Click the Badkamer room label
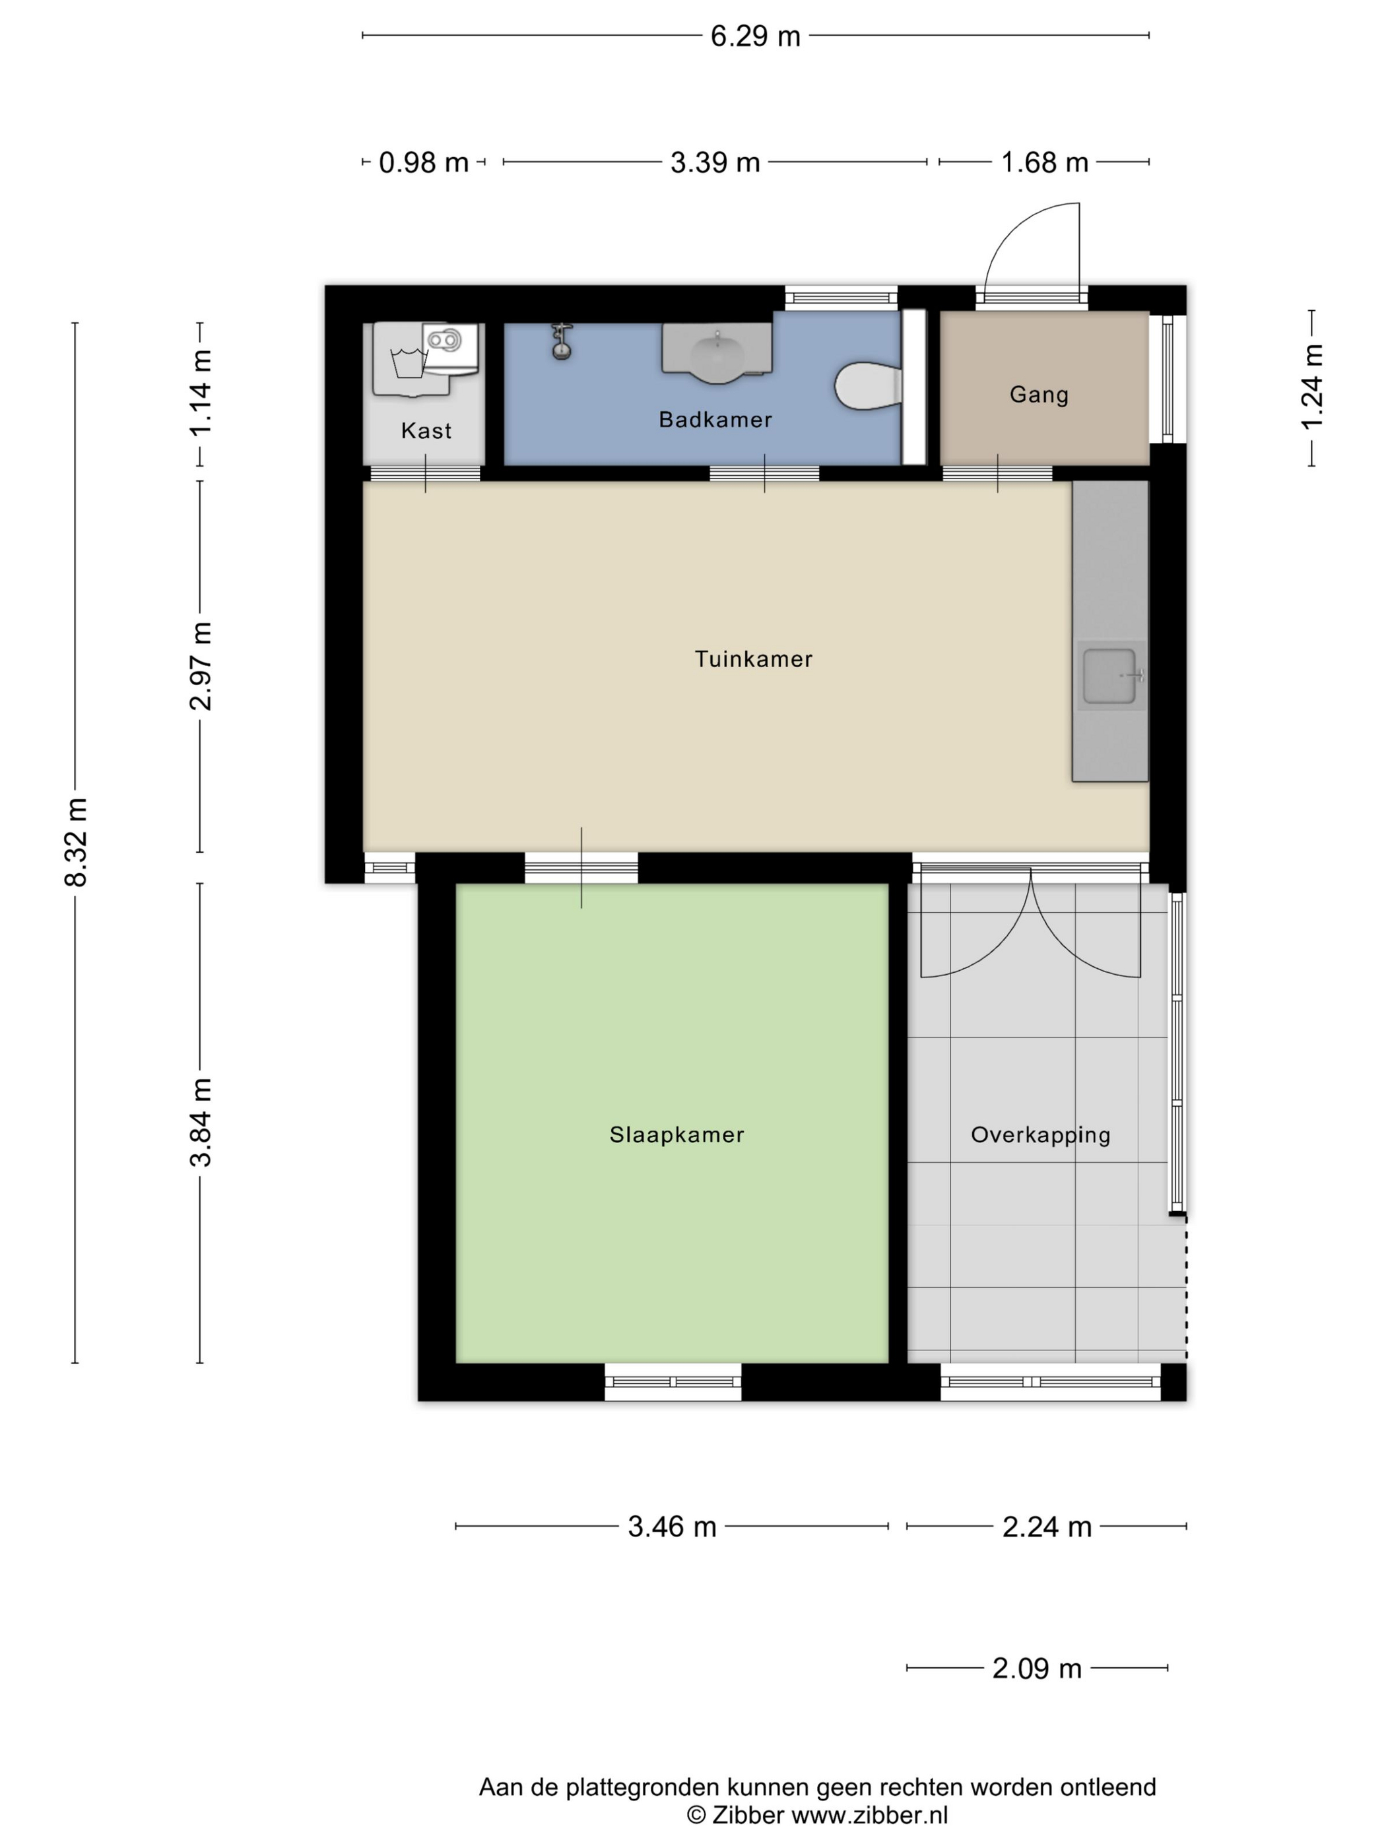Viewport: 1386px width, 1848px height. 715,419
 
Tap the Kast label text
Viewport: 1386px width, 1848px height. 426,430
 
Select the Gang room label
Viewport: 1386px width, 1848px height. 1038,394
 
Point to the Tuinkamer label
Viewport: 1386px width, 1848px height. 754,659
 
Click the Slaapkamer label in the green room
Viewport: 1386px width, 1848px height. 676,1135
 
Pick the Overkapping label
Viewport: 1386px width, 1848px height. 1040,1135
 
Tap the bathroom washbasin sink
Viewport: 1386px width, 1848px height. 717,353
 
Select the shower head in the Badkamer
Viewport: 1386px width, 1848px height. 562,341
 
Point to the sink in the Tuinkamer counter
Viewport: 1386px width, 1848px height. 1110,676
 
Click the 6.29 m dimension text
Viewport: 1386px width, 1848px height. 755,36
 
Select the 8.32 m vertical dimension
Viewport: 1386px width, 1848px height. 76,841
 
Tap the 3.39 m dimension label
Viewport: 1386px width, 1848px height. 715,162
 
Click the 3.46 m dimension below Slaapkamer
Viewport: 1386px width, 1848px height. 672,1527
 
